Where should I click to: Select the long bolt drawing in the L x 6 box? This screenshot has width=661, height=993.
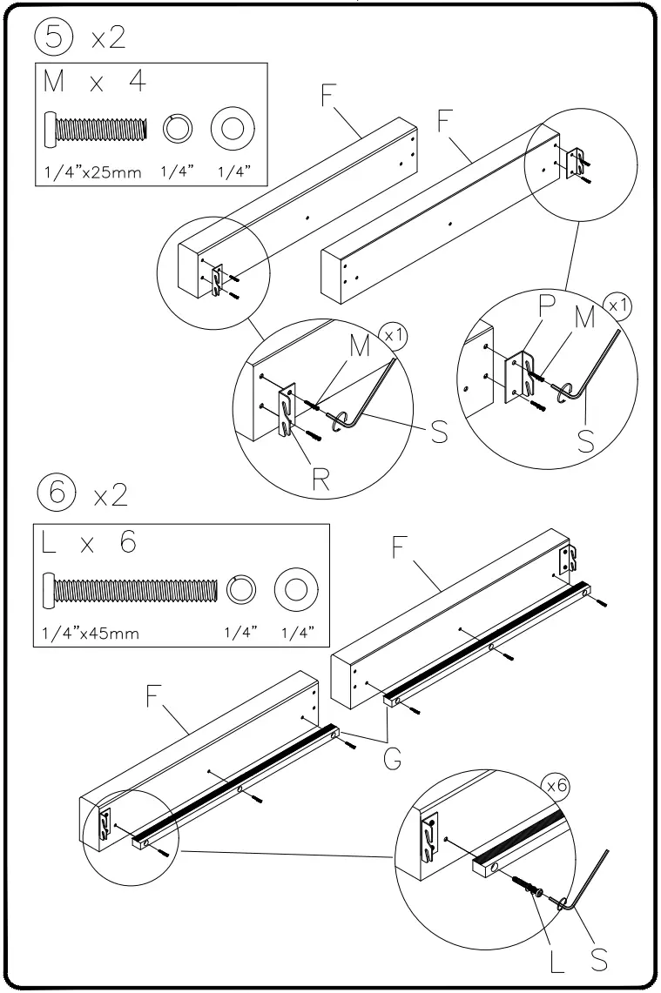(129, 589)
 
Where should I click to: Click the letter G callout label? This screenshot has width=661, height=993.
(393, 760)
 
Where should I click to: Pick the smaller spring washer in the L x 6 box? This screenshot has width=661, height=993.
(240, 589)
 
